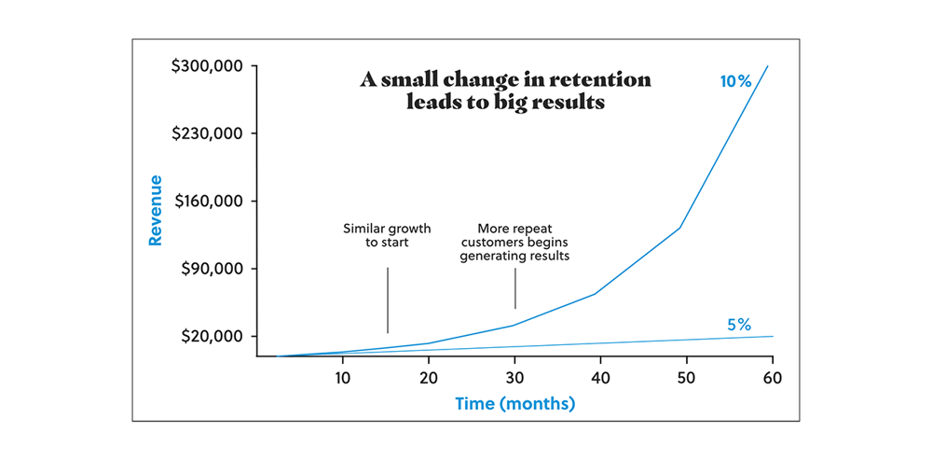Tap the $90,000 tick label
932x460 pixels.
209,269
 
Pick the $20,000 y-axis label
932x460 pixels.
209,336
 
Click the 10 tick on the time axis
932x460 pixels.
342,378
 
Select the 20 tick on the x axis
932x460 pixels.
429,378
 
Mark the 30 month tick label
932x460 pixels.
514,378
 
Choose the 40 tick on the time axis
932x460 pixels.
600,378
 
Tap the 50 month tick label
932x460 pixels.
687,378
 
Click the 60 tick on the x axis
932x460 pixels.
773,378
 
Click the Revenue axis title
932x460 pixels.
156,210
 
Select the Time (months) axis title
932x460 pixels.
514,404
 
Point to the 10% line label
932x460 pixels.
735,81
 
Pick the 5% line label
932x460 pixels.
739,325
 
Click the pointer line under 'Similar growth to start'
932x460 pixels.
387,300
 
